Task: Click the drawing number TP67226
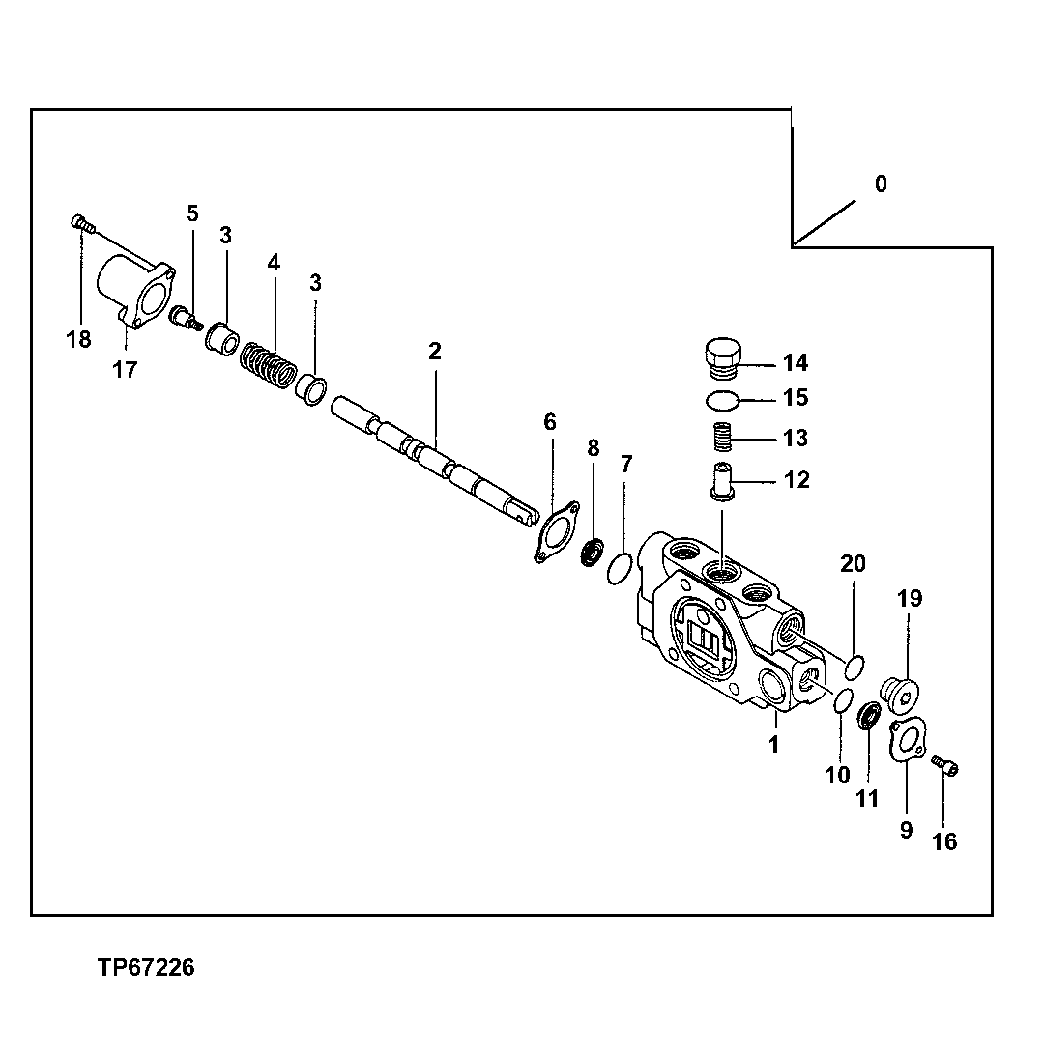[145, 967]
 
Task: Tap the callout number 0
[880, 184]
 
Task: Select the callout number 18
[78, 339]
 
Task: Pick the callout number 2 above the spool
[435, 352]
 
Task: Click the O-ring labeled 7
[620, 571]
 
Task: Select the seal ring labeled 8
[593, 555]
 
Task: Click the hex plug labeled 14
[720, 358]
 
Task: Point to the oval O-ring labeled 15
[720, 399]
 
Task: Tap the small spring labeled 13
[721, 438]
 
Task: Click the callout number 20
[854, 563]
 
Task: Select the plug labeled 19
[903, 693]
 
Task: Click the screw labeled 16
[945, 766]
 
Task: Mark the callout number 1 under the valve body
[773, 744]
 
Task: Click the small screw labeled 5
[184, 317]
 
